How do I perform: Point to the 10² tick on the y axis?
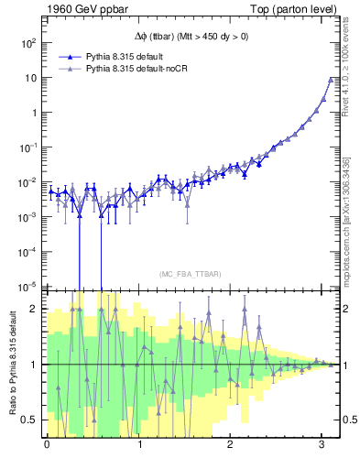[x=27, y=43]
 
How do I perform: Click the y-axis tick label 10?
[x=30, y=78]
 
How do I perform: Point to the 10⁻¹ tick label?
[x=27, y=147]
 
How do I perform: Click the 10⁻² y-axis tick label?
[x=27, y=181]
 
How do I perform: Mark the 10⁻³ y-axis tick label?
[x=27, y=216]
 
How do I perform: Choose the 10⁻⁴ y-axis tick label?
[x=27, y=251]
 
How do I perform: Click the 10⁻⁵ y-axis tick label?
[x=27, y=286]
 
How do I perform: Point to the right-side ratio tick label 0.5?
[x=349, y=420]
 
